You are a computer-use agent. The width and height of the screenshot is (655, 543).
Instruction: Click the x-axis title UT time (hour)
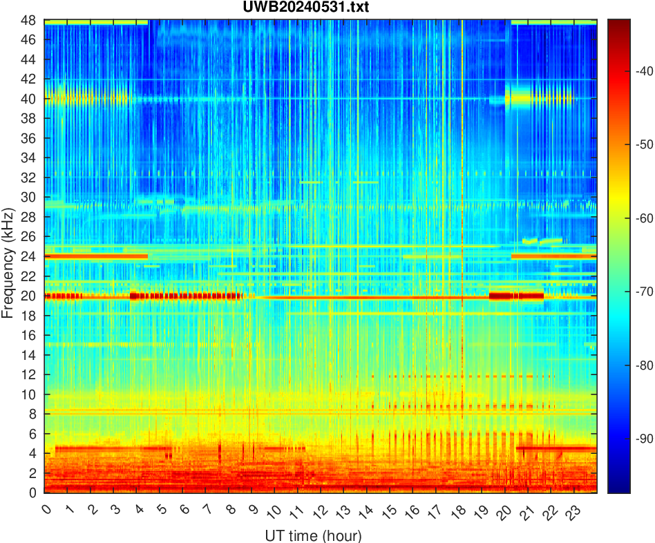click(312, 535)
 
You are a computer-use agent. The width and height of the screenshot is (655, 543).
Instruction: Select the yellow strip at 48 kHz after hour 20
click(553, 23)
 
